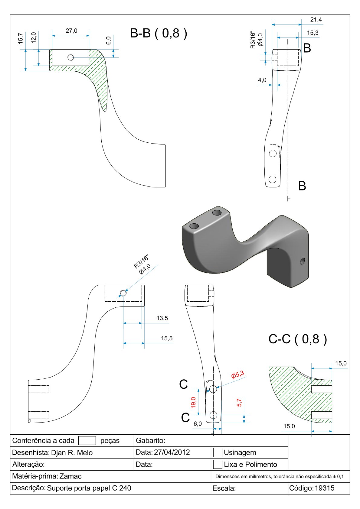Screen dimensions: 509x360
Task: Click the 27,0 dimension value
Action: [71, 31]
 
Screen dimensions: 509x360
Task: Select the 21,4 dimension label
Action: [316, 20]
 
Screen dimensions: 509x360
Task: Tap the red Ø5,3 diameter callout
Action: [237, 375]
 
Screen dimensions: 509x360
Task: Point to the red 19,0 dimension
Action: [193, 402]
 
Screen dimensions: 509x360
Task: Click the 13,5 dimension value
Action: [162, 318]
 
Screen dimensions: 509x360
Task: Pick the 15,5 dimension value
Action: [167, 338]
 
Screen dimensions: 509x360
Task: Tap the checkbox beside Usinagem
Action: [218, 452]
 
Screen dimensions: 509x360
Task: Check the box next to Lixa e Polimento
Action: [218, 464]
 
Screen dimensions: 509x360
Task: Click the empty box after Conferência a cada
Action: [87, 440]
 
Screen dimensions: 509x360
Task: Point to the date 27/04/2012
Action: [172, 452]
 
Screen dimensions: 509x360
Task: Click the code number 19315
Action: [325, 488]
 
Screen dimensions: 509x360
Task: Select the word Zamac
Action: [70, 476]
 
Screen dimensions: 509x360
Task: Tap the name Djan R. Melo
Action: [72, 452]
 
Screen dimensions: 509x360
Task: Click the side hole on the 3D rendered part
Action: [302, 261]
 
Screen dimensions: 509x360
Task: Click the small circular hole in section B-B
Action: [71, 57]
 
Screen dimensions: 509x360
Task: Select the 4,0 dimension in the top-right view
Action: [262, 80]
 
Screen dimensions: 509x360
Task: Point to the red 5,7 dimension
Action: [239, 403]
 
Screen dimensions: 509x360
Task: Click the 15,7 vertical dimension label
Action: [21, 39]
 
